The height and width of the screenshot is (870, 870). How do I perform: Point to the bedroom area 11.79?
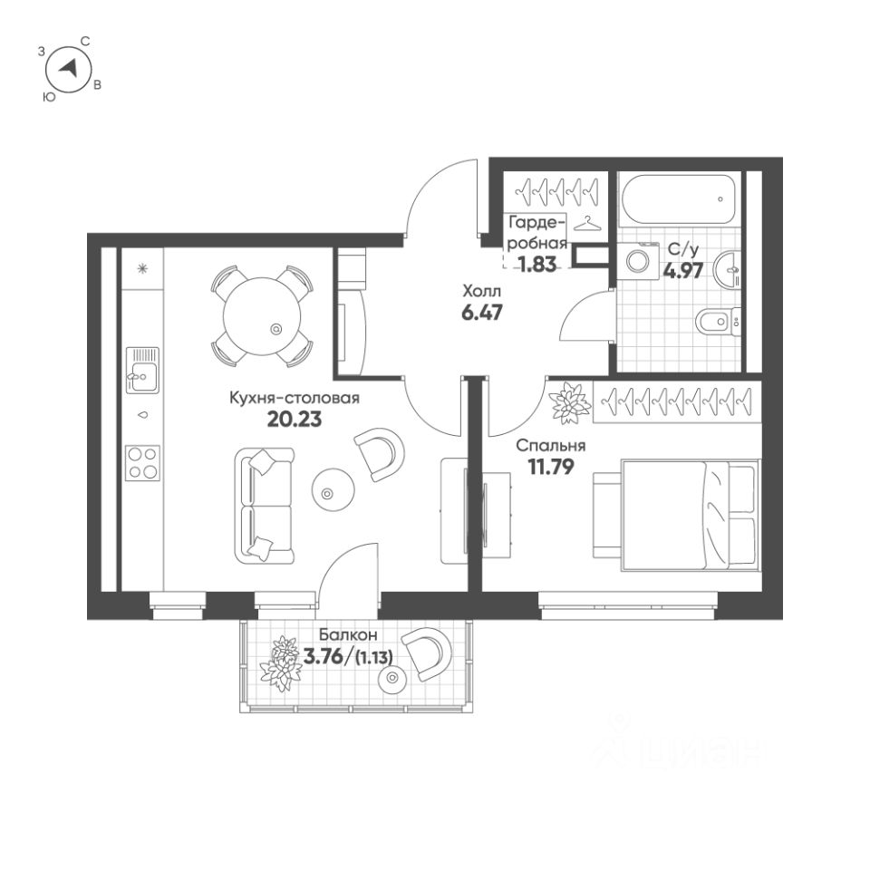click(x=550, y=468)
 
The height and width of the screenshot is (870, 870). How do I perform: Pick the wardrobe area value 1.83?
click(x=536, y=264)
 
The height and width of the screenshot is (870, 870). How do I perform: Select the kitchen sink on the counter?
click(x=142, y=369)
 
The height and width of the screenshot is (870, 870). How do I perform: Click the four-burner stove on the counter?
click(x=143, y=462)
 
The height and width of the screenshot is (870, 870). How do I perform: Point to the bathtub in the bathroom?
click(x=677, y=203)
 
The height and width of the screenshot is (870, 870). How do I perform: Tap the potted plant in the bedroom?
click(x=570, y=402)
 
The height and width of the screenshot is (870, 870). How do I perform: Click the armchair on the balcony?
click(x=426, y=651)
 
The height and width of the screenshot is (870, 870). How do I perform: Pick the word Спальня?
click(x=550, y=446)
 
